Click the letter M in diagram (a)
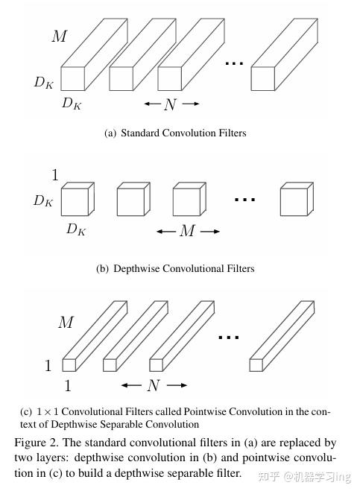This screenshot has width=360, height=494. coord(60,35)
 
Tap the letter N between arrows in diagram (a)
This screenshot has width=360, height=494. coord(171,105)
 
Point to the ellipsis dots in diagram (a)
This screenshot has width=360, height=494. coord(234,64)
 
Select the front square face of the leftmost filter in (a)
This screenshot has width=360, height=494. coord(72,78)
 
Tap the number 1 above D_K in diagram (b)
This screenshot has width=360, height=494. coord(54,176)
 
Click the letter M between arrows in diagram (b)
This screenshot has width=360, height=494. coord(187,232)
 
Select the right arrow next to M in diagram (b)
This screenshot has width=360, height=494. coord(210,232)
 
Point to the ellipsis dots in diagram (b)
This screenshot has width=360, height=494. coord(245,200)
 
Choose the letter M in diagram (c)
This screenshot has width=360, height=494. coord(66,323)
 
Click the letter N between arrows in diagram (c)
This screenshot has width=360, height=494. coord(154,385)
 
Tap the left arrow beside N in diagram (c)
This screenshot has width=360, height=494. coord(131,385)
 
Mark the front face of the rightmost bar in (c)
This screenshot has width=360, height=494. coord(256,364)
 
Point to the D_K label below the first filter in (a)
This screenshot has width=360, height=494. coord(72,104)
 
